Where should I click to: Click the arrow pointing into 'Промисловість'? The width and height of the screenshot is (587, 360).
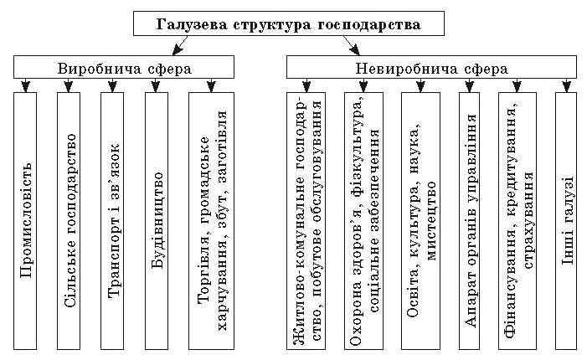pos(26,85)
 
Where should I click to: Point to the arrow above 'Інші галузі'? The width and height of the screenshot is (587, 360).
pos(567,85)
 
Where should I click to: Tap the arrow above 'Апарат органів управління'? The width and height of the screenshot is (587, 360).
pos(469,85)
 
